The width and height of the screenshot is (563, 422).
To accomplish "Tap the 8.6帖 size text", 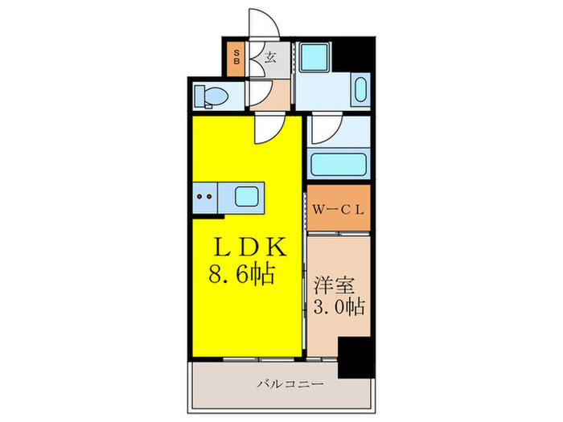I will click(x=244, y=276).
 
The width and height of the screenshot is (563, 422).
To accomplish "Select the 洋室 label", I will click(x=333, y=285).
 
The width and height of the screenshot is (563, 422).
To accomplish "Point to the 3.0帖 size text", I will click(x=339, y=306).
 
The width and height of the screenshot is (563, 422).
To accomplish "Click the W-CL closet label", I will click(x=339, y=210).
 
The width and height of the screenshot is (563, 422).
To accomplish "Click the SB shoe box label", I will click(x=237, y=57).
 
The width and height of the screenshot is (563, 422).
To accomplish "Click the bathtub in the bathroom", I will click(x=339, y=164).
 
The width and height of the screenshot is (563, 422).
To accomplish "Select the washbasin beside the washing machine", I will click(x=360, y=92).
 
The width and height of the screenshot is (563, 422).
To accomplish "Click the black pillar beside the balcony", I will click(x=354, y=356).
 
